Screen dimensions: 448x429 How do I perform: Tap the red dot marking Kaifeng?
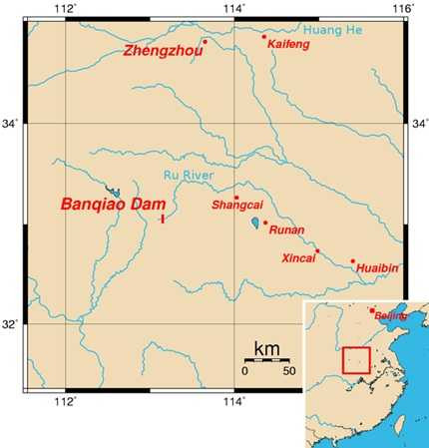point(264,37)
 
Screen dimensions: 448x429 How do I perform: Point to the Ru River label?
point(187,176)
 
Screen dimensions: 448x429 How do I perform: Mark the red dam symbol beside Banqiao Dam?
point(161,218)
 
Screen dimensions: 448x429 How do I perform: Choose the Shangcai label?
point(236,206)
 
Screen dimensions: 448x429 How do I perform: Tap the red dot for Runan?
point(265,223)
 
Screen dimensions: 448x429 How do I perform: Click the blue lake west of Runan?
point(255,222)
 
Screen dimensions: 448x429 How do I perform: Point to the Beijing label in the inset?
point(390,315)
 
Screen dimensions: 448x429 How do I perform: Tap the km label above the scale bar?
point(265,349)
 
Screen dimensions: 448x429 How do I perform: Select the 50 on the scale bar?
point(288,371)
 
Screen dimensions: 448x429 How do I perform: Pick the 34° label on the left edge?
point(13,124)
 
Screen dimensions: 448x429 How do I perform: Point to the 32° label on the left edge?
point(13,324)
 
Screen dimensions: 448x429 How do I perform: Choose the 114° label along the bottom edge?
point(234,402)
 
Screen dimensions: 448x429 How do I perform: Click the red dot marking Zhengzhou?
point(206,42)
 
